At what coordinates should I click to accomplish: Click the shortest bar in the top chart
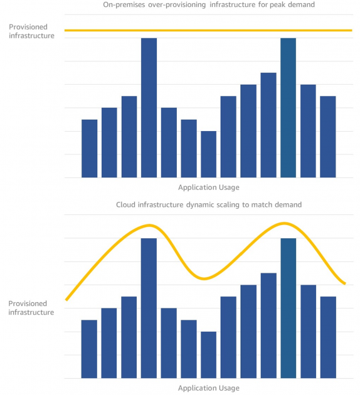pyautogui.click(x=208, y=154)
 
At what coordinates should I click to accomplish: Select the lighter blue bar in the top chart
pyautogui.click(x=288, y=108)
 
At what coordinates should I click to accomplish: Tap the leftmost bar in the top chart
pyautogui.click(x=90, y=149)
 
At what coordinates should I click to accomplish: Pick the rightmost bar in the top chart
pyautogui.click(x=328, y=137)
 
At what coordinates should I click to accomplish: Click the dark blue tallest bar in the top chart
pyautogui.click(x=149, y=108)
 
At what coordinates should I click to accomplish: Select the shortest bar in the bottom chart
pyautogui.click(x=208, y=355)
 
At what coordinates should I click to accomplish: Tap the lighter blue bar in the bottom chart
pyautogui.click(x=288, y=308)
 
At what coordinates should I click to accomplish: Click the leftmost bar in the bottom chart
pyautogui.click(x=90, y=349)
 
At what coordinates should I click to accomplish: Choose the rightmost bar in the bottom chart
pyautogui.click(x=328, y=337)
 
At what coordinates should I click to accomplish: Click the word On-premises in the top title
pyautogui.click(x=120, y=6)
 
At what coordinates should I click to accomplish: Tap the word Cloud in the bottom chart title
pyautogui.click(x=126, y=205)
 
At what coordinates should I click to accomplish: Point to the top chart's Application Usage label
pyautogui.click(x=208, y=187)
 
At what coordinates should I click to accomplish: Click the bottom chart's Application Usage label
pyautogui.click(x=208, y=388)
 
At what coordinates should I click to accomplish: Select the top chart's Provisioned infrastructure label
pyautogui.click(x=31, y=31)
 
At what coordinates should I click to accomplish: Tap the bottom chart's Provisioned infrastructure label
pyautogui.click(x=31, y=307)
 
